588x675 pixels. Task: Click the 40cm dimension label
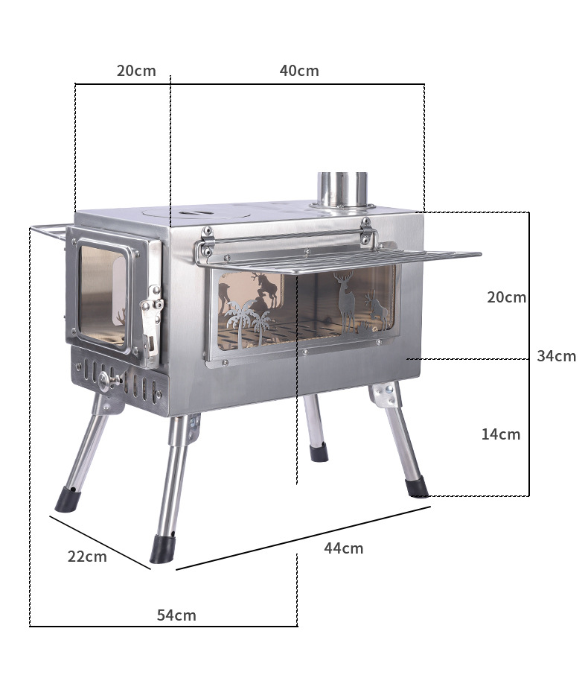(299, 71)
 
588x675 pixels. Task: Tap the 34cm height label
(556, 356)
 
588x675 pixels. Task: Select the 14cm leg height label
(500, 434)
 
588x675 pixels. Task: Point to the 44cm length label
(343, 548)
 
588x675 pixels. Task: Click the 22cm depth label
(87, 557)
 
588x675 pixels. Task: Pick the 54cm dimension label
(176, 615)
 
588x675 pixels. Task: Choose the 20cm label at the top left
(136, 71)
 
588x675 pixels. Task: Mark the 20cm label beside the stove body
(506, 297)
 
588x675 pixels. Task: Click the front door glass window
(103, 294)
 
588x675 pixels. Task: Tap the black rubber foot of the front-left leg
(66, 499)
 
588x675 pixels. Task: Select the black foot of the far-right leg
(417, 487)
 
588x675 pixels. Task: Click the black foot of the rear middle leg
(319, 452)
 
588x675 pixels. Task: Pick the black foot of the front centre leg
(162, 549)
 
